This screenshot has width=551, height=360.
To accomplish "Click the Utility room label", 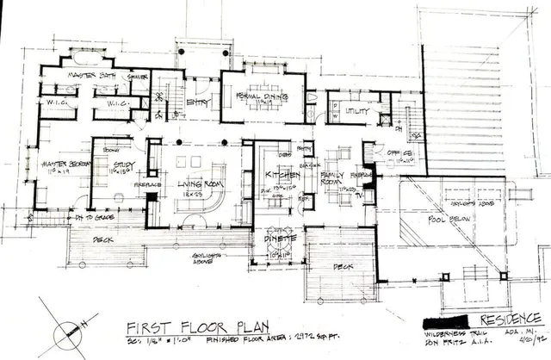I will [356, 111].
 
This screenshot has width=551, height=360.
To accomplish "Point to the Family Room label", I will [330, 178].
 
